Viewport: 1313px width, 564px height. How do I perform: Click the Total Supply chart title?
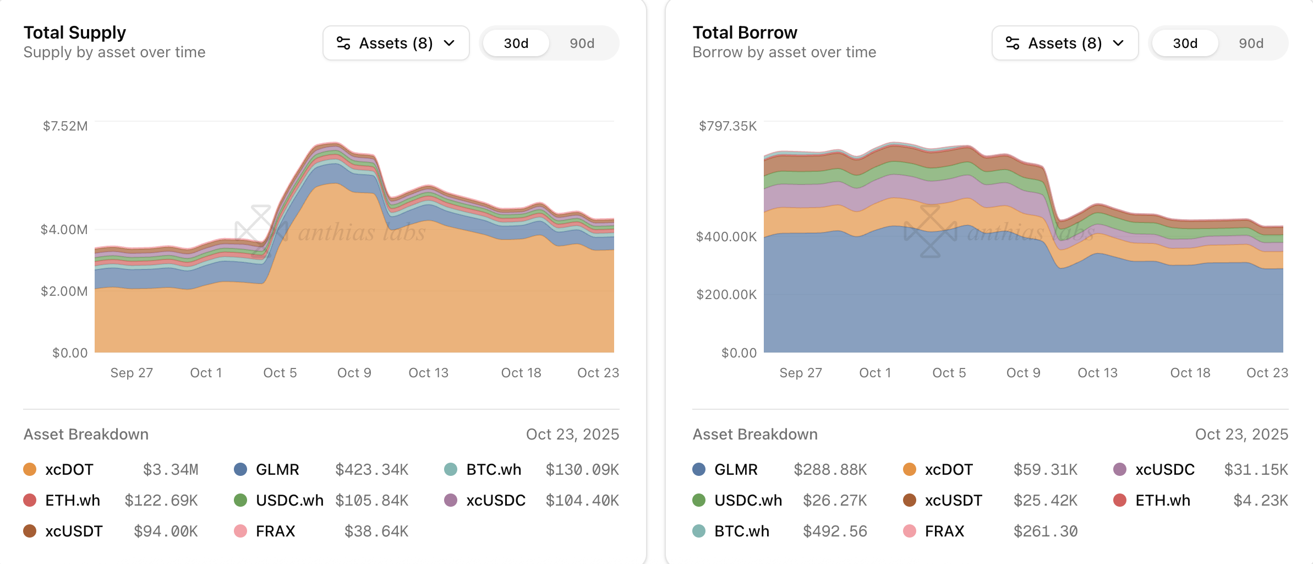[x=75, y=32]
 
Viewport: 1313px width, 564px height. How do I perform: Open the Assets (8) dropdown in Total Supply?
[x=396, y=43]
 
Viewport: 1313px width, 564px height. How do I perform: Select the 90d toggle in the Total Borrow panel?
[x=1250, y=44]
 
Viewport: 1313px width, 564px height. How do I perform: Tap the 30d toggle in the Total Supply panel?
[x=516, y=44]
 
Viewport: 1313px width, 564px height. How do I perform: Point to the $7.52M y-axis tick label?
[x=65, y=126]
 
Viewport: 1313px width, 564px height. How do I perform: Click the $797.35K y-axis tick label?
[x=727, y=126]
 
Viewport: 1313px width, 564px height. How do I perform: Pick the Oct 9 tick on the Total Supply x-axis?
[x=354, y=373]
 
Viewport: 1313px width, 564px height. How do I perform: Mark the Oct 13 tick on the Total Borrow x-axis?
[x=1097, y=373]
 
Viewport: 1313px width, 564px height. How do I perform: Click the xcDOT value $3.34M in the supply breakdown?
[x=171, y=470]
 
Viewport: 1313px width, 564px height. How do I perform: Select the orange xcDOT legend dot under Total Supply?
[x=30, y=469]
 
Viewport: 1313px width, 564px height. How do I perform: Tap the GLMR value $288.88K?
[x=830, y=470]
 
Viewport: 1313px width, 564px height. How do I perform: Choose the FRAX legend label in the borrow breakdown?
[x=944, y=532]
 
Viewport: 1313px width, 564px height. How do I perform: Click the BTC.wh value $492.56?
[x=835, y=532]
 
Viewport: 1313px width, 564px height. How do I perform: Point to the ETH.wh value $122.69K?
[x=161, y=501]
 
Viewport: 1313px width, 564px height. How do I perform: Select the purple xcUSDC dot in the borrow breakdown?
[x=1119, y=469]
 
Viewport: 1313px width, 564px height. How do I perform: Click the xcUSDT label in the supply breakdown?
[x=74, y=532]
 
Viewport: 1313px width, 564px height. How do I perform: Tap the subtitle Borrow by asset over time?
[x=784, y=52]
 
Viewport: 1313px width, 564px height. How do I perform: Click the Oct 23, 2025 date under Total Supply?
[x=572, y=435]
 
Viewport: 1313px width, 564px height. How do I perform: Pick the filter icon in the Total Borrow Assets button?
[x=1013, y=43]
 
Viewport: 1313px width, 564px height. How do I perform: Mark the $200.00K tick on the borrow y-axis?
[x=726, y=295]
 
